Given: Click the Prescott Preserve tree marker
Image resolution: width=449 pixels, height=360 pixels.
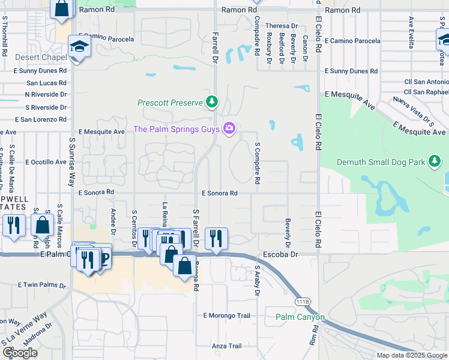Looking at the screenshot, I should (x=211, y=102).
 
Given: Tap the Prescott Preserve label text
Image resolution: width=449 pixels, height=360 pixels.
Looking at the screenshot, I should (x=170, y=103).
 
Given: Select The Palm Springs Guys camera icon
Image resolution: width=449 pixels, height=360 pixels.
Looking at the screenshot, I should (x=229, y=128).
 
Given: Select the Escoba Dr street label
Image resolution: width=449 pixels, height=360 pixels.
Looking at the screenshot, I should (x=285, y=254).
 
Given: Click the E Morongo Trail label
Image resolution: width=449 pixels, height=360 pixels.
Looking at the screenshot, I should (x=226, y=315).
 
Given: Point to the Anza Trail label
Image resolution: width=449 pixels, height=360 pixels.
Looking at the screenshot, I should (x=226, y=346).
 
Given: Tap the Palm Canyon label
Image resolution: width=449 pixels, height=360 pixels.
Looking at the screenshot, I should (x=300, y=317).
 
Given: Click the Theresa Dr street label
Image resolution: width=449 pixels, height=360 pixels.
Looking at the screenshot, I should (x=282, y=26).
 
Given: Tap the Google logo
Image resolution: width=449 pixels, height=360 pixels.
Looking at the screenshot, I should (x=20, y=352).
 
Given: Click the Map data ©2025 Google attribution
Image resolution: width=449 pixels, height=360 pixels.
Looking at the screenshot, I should (x=412, y=355).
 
